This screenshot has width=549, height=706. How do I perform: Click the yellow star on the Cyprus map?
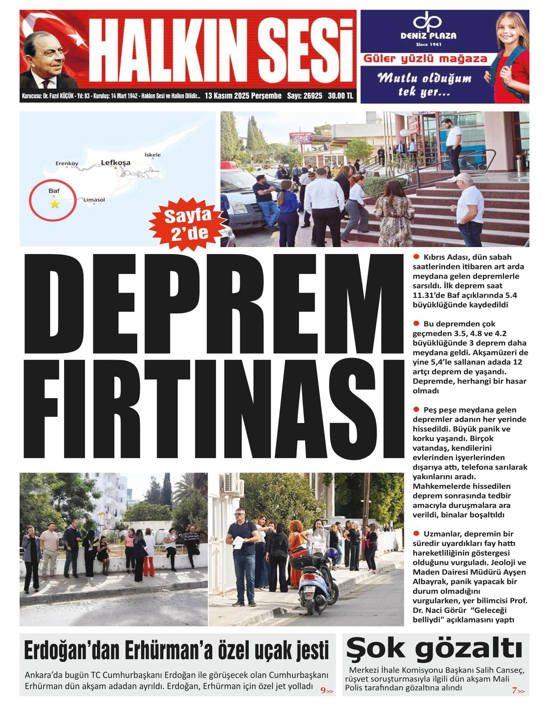coord(54,204)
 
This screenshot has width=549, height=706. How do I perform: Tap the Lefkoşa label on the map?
coord(116,163)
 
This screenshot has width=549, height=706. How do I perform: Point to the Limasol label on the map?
coord(94,200)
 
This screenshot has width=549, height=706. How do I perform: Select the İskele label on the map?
coord(153,154)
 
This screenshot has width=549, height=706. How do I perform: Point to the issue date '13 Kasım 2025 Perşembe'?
coord(243,96)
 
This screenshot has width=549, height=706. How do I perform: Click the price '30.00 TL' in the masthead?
coord(340,96)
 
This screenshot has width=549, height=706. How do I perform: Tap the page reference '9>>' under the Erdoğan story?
coord(326,688)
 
